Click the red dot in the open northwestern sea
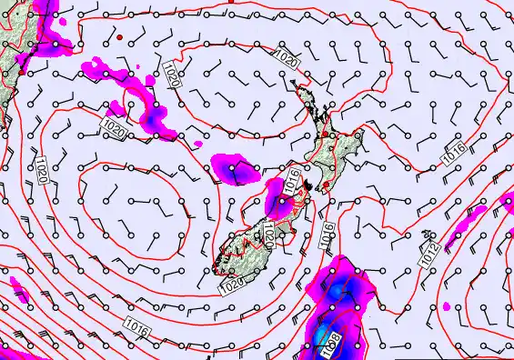click(118, 37)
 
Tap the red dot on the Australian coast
click(21, 69)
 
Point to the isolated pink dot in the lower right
click(446, 306)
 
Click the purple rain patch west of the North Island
click(233, 167)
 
